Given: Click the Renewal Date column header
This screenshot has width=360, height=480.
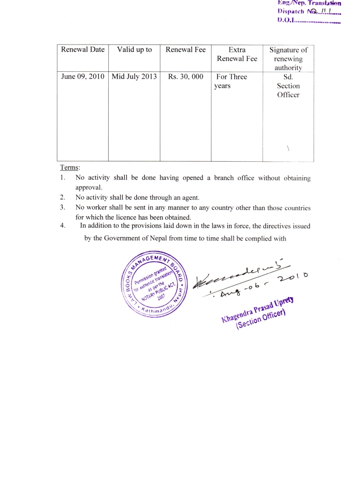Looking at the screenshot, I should coord(82,50).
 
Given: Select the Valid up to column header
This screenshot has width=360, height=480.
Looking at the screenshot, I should coord(135,50).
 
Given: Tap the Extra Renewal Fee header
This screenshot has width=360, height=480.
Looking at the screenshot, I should coord(237,54).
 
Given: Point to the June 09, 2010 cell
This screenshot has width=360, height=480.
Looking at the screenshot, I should coord(82,76).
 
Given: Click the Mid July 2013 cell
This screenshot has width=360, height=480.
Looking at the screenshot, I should coord(134,76).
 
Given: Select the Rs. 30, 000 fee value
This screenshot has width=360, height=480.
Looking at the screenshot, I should coord(186,76).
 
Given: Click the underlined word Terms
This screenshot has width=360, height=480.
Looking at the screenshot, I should coord(70,167).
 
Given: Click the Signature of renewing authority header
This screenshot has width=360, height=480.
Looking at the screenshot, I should coord(288,59).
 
